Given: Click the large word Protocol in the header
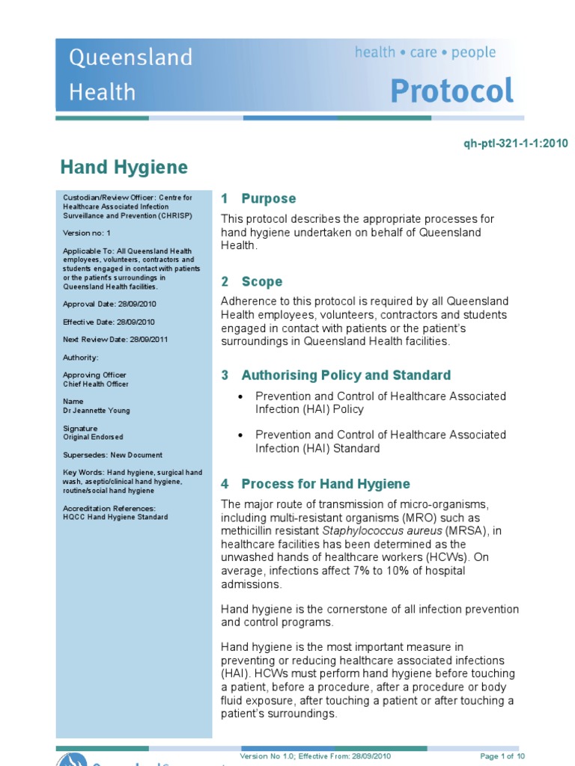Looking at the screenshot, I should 452,91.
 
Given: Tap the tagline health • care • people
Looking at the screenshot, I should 425,52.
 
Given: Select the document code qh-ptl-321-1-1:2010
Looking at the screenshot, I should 516,144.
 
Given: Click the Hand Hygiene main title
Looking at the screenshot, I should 124,167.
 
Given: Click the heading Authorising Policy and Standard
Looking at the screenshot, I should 345,375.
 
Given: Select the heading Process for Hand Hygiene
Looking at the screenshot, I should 325,483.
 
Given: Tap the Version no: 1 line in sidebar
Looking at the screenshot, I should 87,233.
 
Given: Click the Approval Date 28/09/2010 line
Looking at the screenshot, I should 109,304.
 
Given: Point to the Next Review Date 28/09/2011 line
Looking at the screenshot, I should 115,340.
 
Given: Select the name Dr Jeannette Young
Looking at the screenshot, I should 96,411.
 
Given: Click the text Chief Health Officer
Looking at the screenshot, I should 96,384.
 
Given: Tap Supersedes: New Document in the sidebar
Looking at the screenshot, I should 112,455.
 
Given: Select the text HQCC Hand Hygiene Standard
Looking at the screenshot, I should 115,517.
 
